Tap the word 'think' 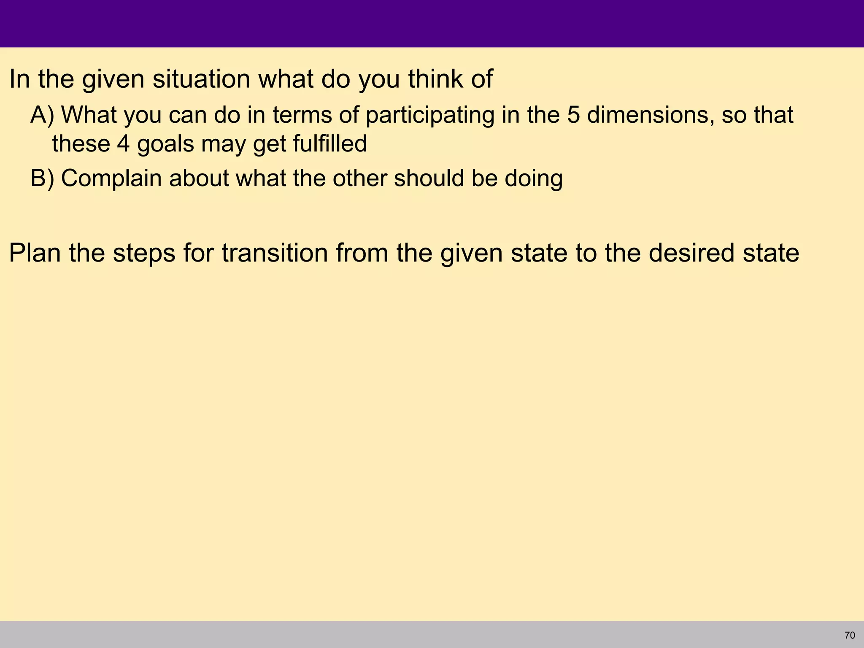[x=435, y=79]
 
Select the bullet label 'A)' [x=42, y=115]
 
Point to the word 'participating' [x=429, y=116]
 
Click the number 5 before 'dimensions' [x=573, y=115]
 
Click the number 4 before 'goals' [x=123, y=144]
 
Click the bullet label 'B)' [x=42, y=178]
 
